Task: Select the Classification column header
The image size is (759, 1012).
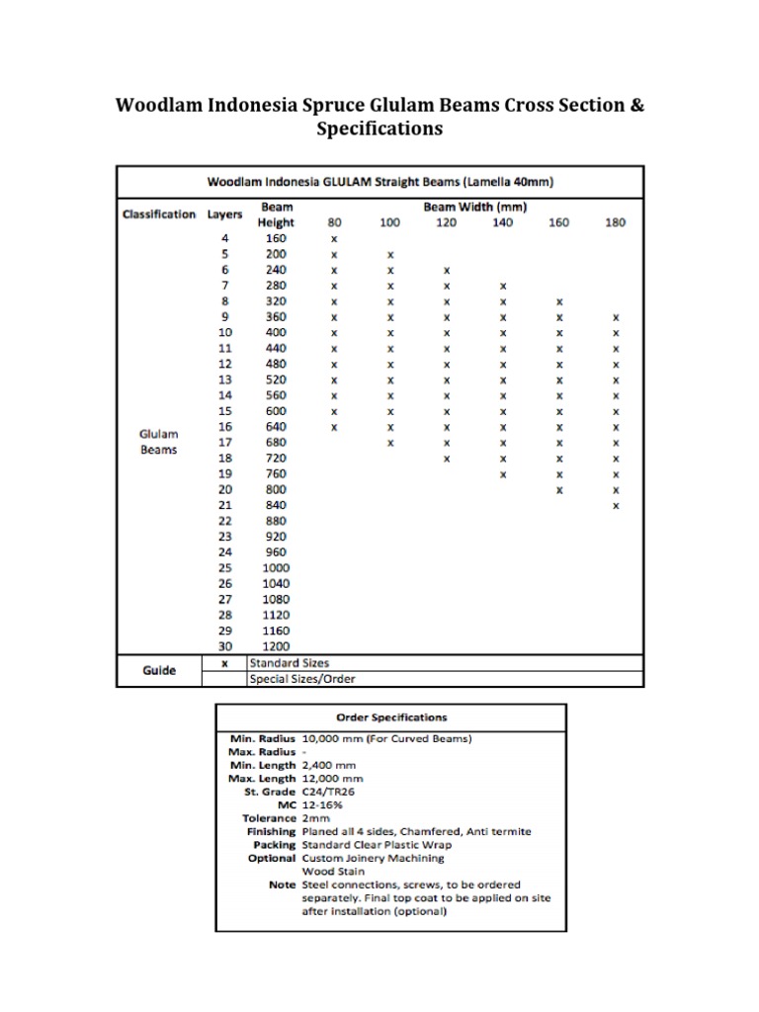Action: tap(158, 214)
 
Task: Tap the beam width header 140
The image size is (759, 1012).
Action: tap(503, 222)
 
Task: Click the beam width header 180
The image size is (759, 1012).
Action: tap(615, 222)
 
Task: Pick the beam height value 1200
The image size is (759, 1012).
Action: tap(276, 646)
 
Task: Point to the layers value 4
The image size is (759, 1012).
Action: tap(224, 238)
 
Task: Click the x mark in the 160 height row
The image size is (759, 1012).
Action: tap(334, 239)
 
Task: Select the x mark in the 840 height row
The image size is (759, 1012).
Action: tap(615, 506)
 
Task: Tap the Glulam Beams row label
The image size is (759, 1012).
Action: tap(158, 442)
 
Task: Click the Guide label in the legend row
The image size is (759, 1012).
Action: tap(158, 670)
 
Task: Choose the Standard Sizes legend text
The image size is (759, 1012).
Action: tap(290, 662)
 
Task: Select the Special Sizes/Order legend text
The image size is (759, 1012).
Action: tap(302, 679)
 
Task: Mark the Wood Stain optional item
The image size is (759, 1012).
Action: tap(330, 872)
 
